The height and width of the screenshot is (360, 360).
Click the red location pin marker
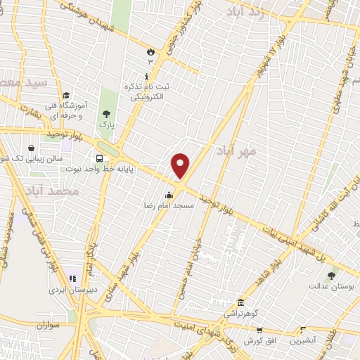click(x=181, y=165)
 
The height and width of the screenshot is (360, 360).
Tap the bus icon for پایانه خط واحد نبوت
click(x=99, y=159)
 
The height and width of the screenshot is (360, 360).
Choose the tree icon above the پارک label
click(x=106, y=114)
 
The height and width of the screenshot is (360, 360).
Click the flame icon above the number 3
click(x=150, y=51)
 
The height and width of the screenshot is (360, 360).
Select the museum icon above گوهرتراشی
click(x=240, y=302)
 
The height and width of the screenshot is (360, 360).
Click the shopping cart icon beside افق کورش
click(x=259, y=330)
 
